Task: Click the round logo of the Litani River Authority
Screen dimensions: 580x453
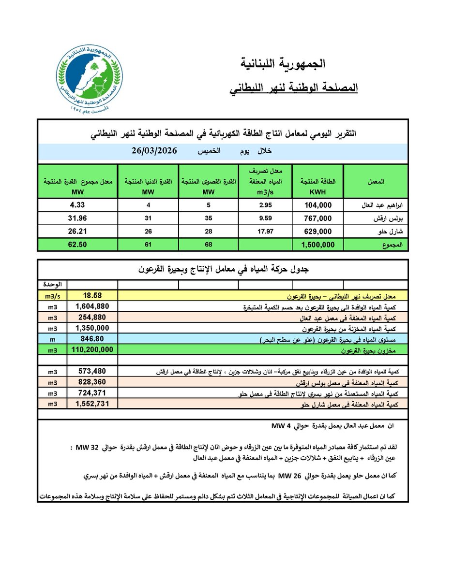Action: click(89, 79)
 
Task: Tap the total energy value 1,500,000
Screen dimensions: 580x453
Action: click(317, 245)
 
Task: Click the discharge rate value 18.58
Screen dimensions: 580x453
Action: click(93, 296)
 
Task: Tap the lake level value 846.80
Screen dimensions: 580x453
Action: click(93, 338)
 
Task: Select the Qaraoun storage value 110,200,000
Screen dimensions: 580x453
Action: click(93, 349)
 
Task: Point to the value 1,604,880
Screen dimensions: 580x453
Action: click(93, 306)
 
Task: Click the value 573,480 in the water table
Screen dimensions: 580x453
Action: click(93, 371)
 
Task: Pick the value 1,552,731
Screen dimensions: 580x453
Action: click(93, 403)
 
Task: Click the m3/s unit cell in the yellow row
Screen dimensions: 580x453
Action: click(52, 296)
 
